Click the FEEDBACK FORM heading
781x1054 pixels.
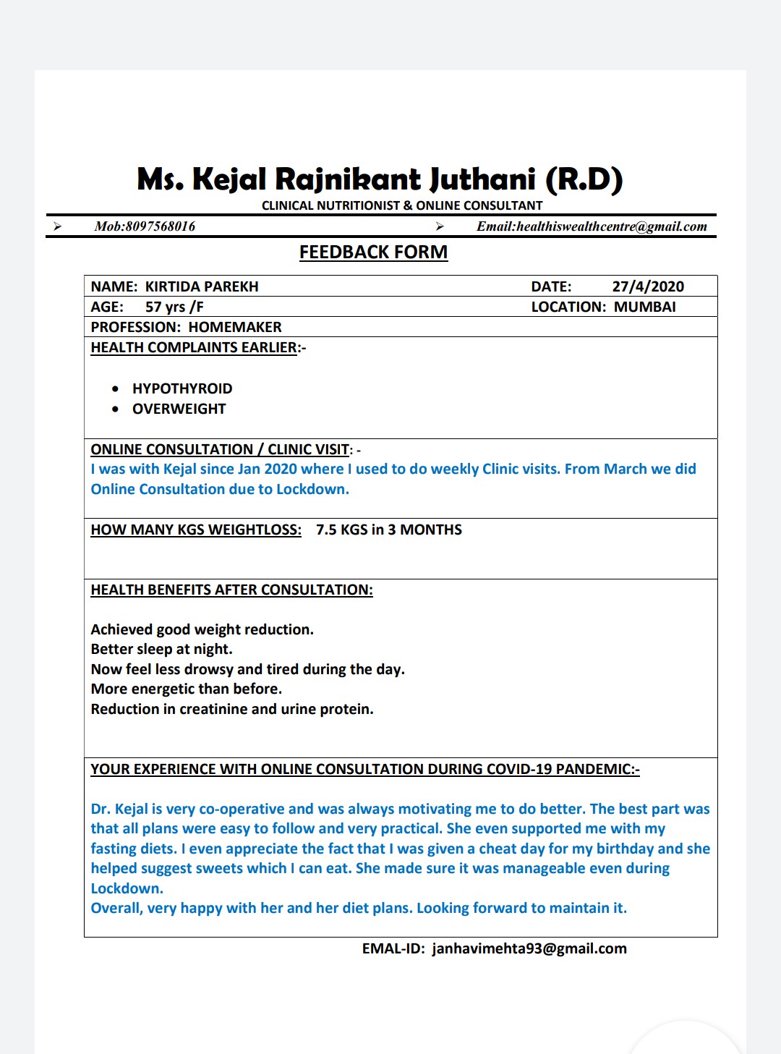[x=373, y=252]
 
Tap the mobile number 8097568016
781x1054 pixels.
[x=161, y=226]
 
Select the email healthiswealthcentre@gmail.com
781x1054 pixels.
[x=611, y=226]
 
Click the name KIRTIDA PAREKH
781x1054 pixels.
[x=202, y=286]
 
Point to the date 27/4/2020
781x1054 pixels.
[x=648, y=286]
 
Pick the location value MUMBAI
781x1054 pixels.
[x=644, y=307]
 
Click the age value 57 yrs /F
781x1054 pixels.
[x=174, y=307]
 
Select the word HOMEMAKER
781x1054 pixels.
[x=235, y=327]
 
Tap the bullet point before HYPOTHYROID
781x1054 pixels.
[x=116, y=389]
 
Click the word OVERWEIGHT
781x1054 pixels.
[x=179, y=409]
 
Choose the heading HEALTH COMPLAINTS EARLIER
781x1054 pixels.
[x=194, y=347]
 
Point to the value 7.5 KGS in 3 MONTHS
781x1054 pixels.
[x=388, y=530]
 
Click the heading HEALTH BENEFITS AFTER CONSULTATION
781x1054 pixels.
[x=231, y=590]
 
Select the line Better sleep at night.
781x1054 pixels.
[x=161, y=649]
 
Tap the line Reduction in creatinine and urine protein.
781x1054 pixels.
[x=231, y=709]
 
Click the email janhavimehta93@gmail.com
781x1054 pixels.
[x=529, y=948]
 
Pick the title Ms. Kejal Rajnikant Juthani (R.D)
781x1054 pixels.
[x=380, y=179]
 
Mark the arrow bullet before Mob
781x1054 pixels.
[x=57, y=226]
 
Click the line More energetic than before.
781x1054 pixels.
[x=186, y=689]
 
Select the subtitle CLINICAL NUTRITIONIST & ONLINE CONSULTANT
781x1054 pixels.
[x=401, y=205]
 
